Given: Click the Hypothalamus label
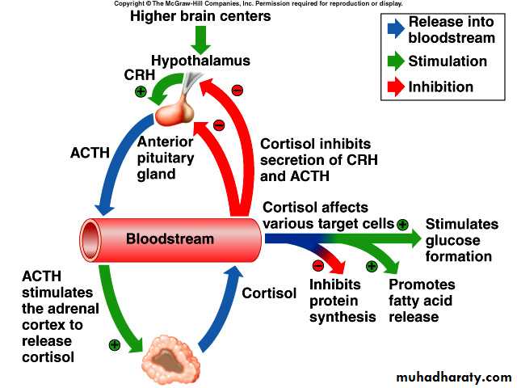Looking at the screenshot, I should tap(200, 61).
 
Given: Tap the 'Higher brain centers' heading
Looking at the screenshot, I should tap(200, 15).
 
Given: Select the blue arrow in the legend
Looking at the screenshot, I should tap(396, 30).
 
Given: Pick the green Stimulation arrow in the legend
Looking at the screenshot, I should tap(396, 61).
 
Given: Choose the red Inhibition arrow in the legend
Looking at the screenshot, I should tap(396, 86).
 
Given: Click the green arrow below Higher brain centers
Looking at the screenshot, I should tap(201, 38).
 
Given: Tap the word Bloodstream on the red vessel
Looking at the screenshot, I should tap(170, 238).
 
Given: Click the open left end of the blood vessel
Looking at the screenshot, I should tap(90, 239).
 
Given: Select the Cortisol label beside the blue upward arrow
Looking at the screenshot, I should tap(269, 293).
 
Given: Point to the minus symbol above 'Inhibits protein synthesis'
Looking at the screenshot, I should tap(317, 265).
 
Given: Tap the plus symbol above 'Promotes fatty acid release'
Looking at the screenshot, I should tap(372, 265).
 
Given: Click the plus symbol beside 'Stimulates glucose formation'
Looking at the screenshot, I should tap(402, 224).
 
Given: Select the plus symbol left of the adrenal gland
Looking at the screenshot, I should tap(115, 344).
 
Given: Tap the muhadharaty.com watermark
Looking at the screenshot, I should tap(455, 377).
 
